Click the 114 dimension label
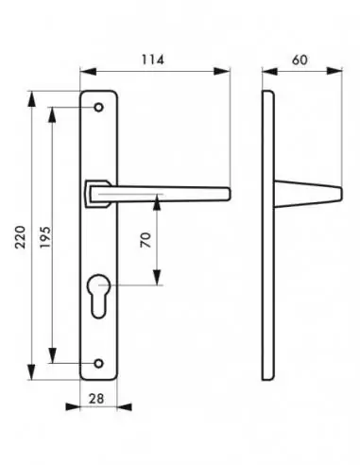pos(153,60)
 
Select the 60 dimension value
pos(300,60)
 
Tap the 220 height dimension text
pos(21,237)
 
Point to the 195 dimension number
pos(45,237)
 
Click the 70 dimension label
pos(146,240)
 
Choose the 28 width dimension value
pos(96,399)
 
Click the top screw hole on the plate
pos(99,108)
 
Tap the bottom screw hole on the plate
pos(99,363)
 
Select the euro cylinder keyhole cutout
pos(98,296)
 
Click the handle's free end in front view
pos(228,194)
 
